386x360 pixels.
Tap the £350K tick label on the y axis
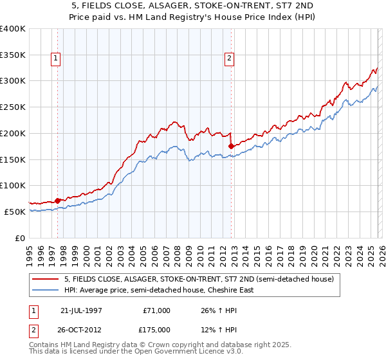click(x=13, y=55)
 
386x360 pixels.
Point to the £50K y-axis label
click(x=15, y=212)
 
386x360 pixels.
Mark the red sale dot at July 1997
click(x=58, y=201)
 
